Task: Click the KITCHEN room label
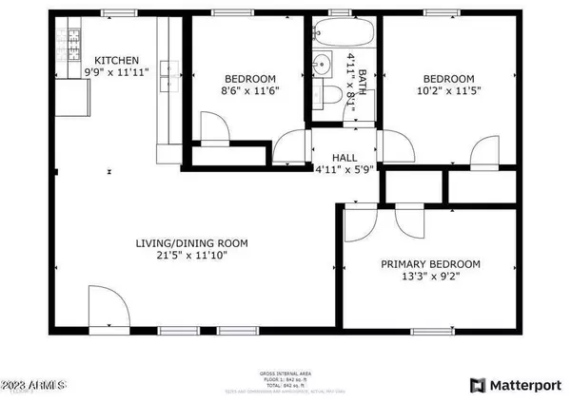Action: tap(116, 59)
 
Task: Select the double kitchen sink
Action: tap(170, 67)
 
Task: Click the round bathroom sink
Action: tap(322, 64)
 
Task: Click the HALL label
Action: tap(344, 159)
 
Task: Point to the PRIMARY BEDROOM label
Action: tap(430, 264)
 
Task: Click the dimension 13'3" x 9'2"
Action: tap(430, 277)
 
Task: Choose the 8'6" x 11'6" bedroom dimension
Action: tap(249, 91)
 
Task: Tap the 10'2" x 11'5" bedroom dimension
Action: tap(448, 91)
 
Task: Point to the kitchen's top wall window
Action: tap(117, 12)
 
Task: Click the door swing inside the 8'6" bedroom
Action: tap(212, 127)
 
